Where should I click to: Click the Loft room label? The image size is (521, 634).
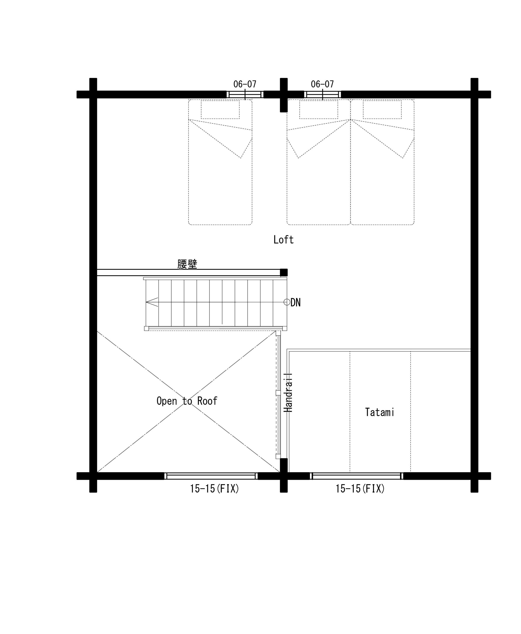283,240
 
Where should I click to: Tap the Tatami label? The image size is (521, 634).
379,412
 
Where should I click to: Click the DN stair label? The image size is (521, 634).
296,302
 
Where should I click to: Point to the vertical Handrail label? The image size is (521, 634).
288,393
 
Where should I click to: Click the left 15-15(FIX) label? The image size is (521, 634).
214,489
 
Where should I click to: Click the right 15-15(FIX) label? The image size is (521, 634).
360,489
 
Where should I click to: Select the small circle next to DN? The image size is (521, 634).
287,302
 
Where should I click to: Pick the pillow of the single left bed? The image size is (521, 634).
220,110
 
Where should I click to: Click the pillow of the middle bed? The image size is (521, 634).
319,110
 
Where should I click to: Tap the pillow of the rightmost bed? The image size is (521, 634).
382,110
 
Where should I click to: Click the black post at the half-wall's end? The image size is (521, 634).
284,272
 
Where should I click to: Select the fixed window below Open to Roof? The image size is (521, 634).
211,476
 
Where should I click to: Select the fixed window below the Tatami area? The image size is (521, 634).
357,476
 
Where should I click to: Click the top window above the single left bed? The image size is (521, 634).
245,94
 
